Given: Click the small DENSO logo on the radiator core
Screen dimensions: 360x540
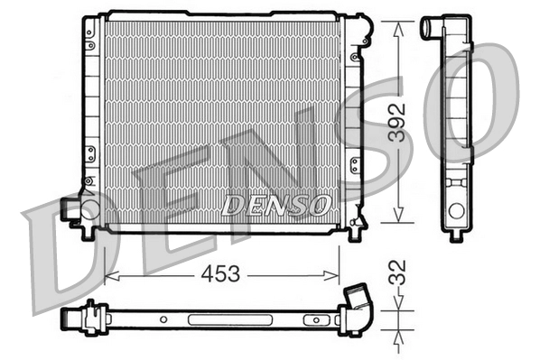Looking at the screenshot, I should (276, 206).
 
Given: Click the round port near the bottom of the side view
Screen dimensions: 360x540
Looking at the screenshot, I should (457, 211).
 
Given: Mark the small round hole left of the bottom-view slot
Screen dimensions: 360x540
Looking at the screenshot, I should (163, 318).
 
